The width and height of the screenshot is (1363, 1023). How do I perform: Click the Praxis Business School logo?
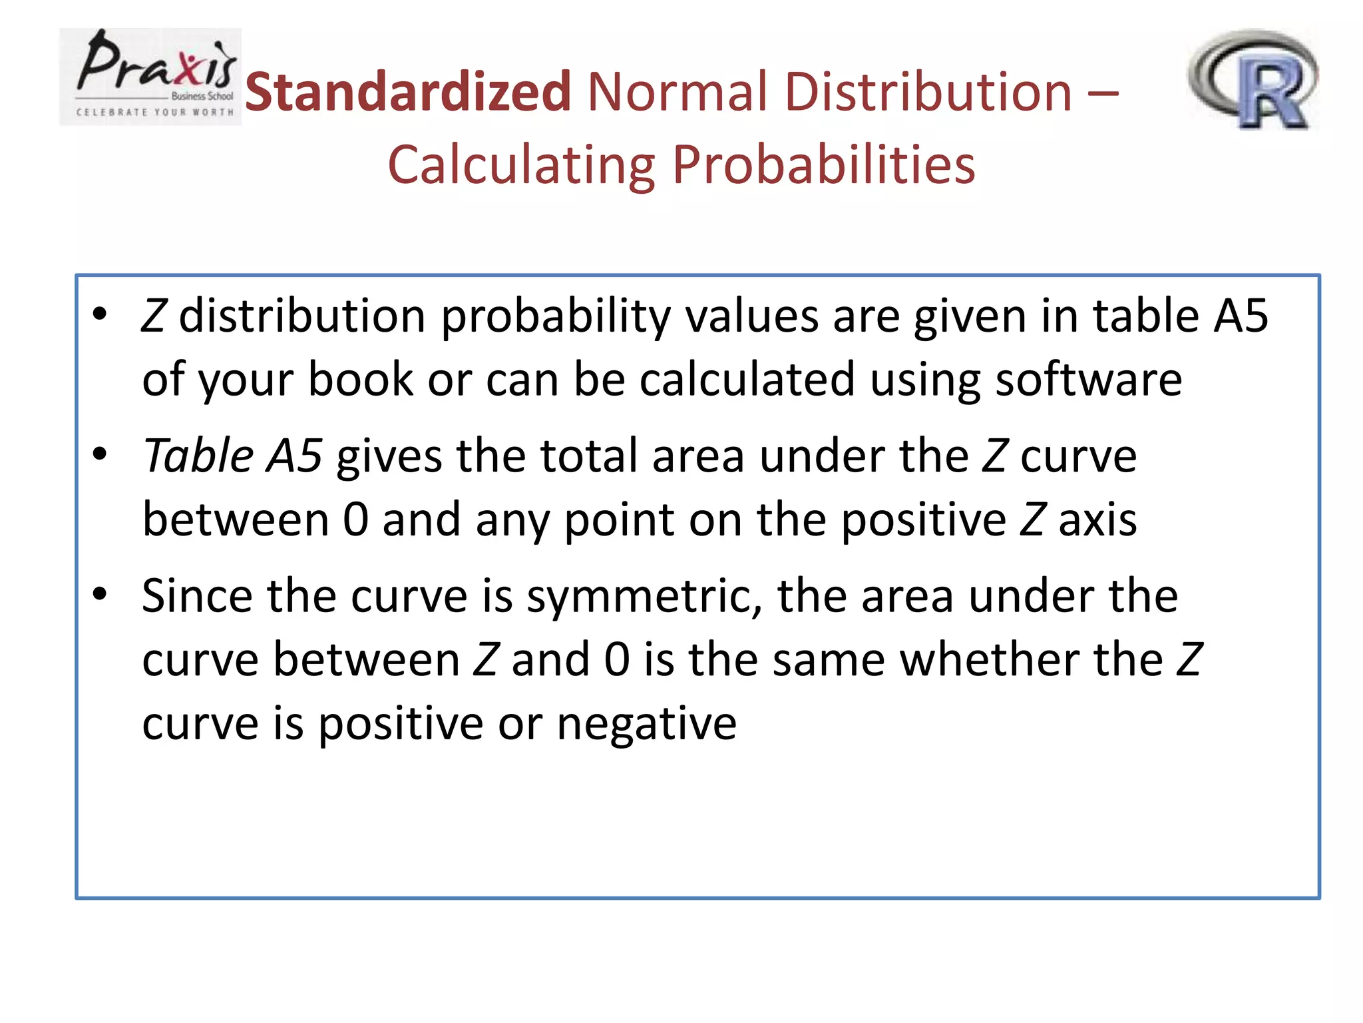pyautogui.click(x=150, y=77)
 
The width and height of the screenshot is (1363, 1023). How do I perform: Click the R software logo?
pyautogui.click(x=1253, y=80)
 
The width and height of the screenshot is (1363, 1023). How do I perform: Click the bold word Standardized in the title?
pyautogui.click(x=407, y=92)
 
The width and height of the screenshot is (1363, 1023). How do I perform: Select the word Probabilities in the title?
pyautogui.click(x=823, y=165)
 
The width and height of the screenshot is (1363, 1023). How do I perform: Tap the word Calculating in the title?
pyautogui.click(x=522, y=165)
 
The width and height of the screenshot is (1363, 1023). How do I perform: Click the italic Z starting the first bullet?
pyautogui.click(x=154, y=316)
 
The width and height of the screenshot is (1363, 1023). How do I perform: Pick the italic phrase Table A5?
pyautogui.click(x=232, y=456)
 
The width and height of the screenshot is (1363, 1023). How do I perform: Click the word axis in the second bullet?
pyautogui.click(x=1097, y=519)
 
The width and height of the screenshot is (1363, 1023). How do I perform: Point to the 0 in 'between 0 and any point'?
pyautogui.click(x=355, y=519)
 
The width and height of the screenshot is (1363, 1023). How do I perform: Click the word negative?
pyautogui.click(x=646, y=724)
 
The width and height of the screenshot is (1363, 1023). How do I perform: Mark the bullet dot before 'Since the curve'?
pyautogui.click(x=100, y=594)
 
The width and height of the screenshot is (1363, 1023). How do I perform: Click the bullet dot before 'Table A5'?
pyautogui.click(x=100, y=454)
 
